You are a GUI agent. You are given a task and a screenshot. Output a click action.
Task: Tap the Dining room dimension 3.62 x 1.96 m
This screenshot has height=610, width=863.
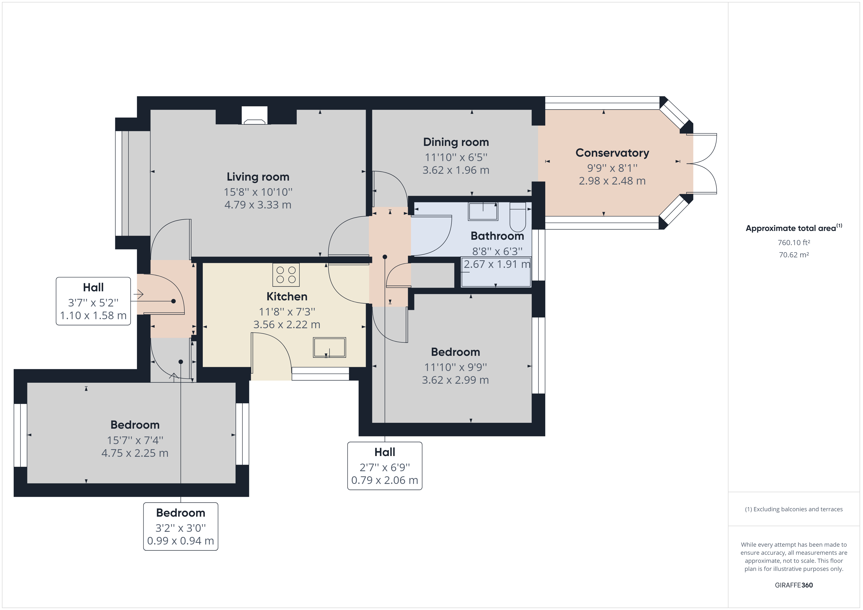(x=455, y=170)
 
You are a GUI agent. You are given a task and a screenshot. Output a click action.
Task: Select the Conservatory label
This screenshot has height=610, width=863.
(x=612, y=153)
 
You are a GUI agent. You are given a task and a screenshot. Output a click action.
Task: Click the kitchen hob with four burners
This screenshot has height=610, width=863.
(x=286, y=275)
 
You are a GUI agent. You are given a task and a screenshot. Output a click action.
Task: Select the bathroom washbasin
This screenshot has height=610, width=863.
(x=483, y=211)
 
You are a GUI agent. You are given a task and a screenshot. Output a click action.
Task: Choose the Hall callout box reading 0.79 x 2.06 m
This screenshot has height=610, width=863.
(x=385, y=466)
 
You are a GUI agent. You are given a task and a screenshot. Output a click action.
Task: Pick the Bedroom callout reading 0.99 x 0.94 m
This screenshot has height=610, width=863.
(x=181, y=527)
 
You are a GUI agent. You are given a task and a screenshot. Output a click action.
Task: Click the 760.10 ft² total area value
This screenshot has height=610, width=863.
(x=794, y=243)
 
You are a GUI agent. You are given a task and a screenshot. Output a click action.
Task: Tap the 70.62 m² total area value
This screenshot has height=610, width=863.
(x=794, y=255)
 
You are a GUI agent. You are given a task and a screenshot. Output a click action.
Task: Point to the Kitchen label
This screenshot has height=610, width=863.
(x=287, y=296)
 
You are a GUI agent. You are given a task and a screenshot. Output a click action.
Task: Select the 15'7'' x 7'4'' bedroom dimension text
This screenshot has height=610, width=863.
(x=135, y=440)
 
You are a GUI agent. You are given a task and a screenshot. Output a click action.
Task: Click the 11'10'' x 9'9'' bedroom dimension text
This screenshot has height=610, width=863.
(x=455, y=367)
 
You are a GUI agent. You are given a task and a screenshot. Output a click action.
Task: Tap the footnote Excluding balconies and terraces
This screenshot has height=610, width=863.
(x=794, y=509)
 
